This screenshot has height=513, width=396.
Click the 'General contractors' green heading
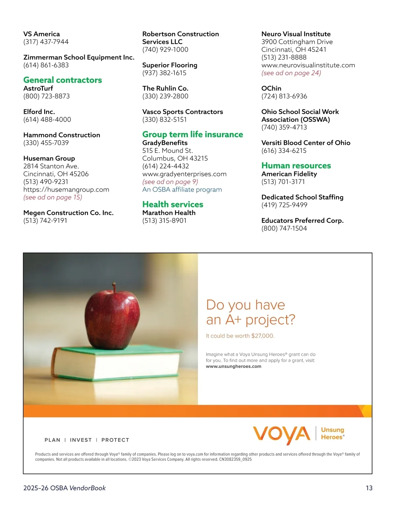(x=62, y=80)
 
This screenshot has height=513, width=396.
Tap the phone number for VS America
(x=46, y=42)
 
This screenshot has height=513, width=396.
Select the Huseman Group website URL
(x=66, y=190)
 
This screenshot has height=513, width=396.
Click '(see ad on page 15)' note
(x=52, y=197)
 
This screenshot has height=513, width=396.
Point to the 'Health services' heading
(x=173, y=204)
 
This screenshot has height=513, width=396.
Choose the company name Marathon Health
(x=169, y=213)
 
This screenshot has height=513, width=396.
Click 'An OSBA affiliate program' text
(x=182, y=190)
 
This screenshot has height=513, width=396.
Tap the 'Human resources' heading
(x=296, y=165)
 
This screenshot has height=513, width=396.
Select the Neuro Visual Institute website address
(x=308, y=65)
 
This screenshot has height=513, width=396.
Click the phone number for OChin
(x=284, y=96)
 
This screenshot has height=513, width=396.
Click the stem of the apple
(x=114, y=287)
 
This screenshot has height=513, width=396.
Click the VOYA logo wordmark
(x=281, y=434)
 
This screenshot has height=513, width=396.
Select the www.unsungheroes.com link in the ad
(x=233, y=366)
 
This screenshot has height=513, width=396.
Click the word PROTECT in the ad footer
(x=115, y=440)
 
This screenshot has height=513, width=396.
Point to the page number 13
(x=369, y=488)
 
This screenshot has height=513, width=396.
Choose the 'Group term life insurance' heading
(x=192, y=134)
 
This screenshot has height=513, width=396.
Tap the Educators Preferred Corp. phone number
(x=284, y=228)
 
